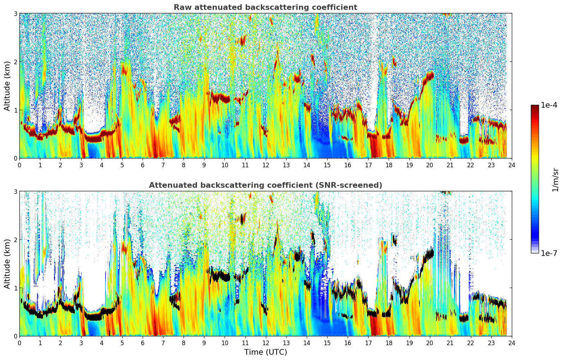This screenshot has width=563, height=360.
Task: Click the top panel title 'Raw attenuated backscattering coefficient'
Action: pos(265,7)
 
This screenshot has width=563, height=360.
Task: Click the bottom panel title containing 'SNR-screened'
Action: pos(265,185)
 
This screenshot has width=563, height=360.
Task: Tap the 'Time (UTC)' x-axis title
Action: pos(265,352)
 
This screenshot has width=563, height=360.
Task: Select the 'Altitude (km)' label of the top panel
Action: pos(7,86)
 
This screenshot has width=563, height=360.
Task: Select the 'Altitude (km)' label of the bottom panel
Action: pos(7,264)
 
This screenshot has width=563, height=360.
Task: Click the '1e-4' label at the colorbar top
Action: pos(549,105)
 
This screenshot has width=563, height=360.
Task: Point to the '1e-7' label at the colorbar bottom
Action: pos(549,253)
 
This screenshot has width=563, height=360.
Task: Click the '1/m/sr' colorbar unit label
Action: pos(555,180)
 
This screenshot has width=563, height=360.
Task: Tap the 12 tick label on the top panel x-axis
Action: pos(265,165)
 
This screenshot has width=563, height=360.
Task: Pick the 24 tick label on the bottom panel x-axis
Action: pos(512,343)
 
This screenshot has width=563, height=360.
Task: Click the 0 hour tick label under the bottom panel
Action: pos(19,343)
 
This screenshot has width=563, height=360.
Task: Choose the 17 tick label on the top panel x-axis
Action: pos(368,165)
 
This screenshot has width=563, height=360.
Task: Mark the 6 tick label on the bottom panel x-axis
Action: pos(143,343)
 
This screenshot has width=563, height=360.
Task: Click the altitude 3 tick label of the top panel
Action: pos(15,13)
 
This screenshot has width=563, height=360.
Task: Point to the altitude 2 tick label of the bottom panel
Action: pos(15,240)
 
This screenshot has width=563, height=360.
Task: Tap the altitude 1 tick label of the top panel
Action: pos(15,110)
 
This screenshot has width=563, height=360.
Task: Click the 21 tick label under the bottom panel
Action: pos(450,343)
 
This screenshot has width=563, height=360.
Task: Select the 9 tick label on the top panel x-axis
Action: pos(204,165)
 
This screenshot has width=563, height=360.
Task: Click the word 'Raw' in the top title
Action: pos(181,7)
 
